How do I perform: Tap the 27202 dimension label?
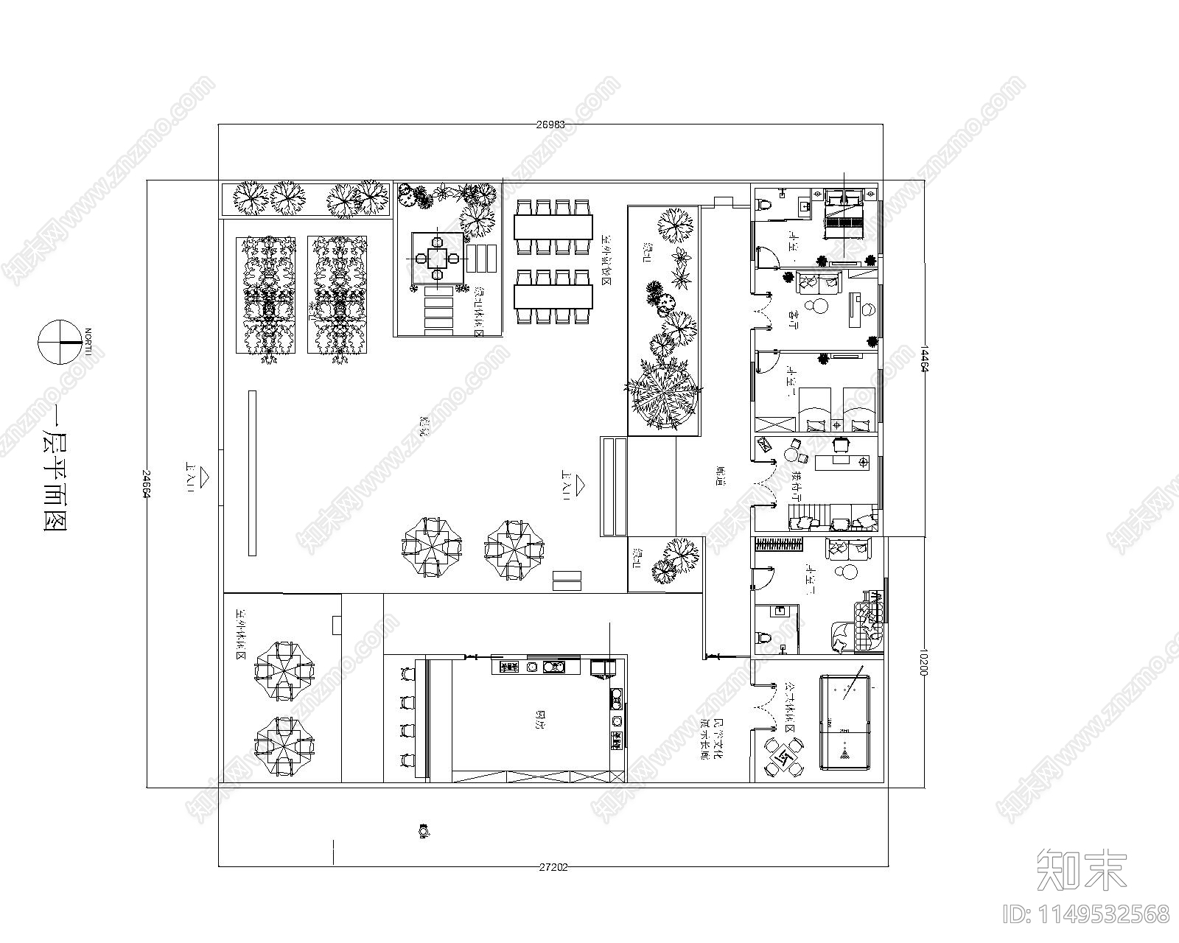pyautogui.click(x=553, y=867)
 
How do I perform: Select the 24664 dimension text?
pyautogui.click(x=146, y=483)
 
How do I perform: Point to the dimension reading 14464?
pyautogui.click(x=923, y=360)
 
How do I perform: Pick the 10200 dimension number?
pyautogui.click(x=923, y=662)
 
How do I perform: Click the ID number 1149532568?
pyautogui.click(x=1086, y=914)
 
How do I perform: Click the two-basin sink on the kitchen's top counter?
pyautogui.click(x=553, y=667)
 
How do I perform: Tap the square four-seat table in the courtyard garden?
pyautogui.click(x=438, y=258)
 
